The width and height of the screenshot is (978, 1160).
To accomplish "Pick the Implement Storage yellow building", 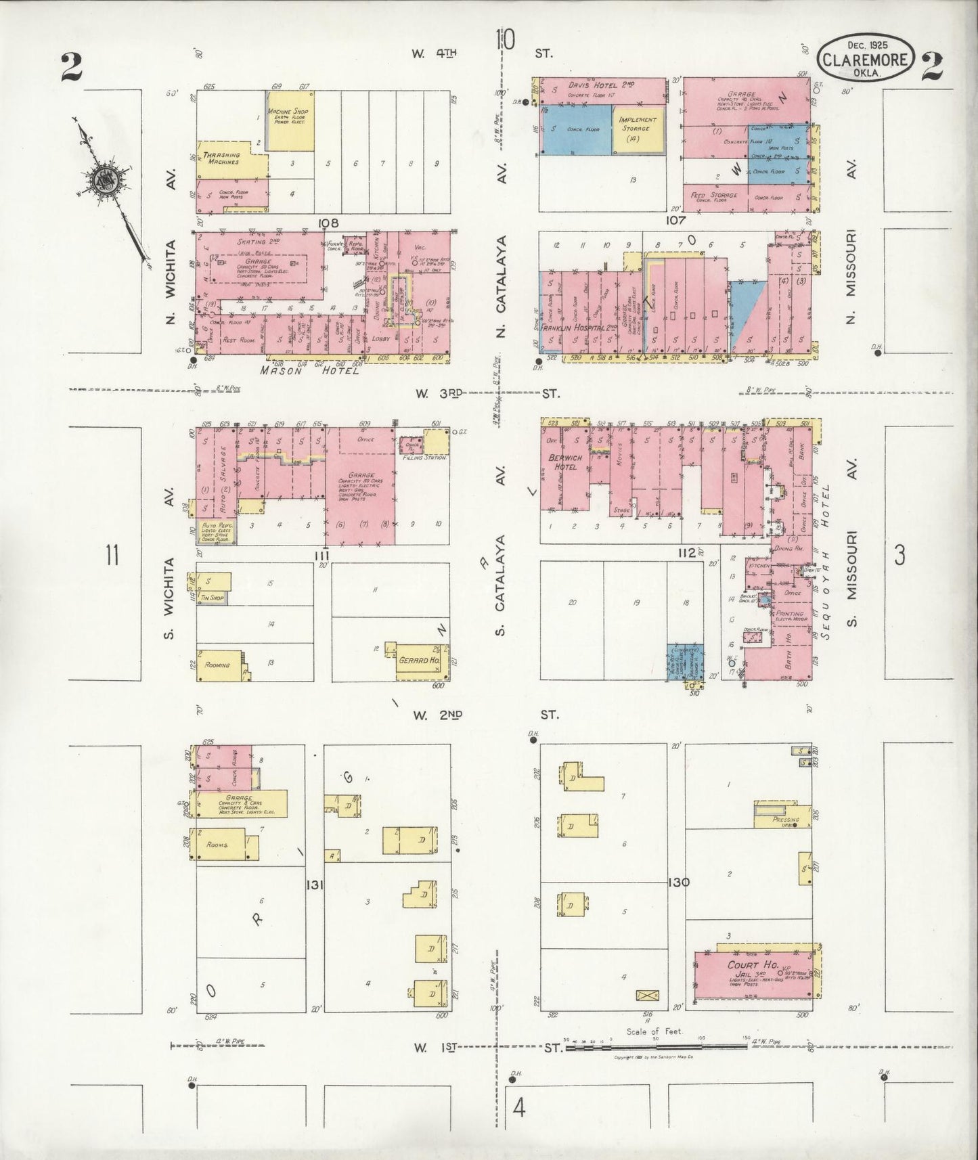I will (637, 129).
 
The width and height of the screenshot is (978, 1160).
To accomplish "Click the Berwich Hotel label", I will (564, 462).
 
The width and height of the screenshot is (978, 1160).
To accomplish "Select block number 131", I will (313, 885).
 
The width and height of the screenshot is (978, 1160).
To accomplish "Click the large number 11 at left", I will (111, 556).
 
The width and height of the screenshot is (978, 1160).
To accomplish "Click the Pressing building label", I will (785, 820).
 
